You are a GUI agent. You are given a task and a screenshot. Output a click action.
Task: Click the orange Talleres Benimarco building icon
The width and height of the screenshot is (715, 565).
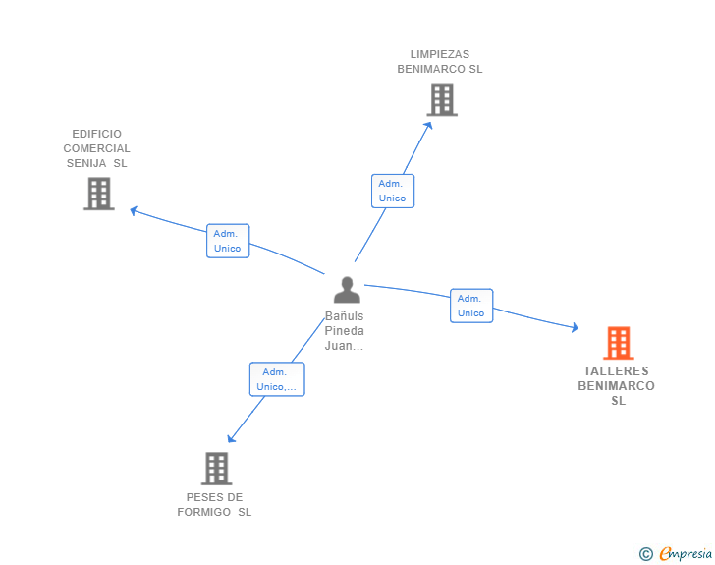click(618, 343)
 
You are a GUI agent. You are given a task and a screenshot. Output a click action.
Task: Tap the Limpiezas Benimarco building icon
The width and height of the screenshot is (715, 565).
click(442, 99)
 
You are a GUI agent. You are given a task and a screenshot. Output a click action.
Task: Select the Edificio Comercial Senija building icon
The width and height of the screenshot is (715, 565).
click(98, 194)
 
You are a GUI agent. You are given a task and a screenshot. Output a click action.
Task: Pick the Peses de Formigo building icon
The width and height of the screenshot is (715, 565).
click(216, 469)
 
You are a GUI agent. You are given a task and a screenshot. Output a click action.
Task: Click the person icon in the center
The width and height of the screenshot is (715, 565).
click(347, 290)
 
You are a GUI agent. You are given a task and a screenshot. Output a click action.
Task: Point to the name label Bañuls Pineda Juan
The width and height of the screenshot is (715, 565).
click(345, 331)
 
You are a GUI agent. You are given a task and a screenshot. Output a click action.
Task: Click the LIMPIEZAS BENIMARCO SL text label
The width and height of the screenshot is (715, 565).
click(440, 62)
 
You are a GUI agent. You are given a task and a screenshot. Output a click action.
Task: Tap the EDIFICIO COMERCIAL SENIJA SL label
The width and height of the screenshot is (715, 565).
click(97, 148)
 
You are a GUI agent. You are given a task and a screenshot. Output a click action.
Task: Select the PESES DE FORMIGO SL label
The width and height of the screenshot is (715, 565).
click(214, 504)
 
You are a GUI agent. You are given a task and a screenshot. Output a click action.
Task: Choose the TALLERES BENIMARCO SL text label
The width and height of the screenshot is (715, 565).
click(617, 385)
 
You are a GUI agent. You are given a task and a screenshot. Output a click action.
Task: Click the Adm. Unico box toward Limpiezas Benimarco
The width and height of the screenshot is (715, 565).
click(393, 191)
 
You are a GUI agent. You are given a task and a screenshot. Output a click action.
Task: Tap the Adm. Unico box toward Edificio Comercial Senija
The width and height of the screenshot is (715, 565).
click(228, 241)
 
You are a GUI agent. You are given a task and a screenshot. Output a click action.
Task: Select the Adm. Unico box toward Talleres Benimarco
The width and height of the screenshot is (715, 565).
click(471, 306)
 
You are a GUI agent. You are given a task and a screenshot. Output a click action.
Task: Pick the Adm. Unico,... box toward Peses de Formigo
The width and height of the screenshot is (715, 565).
click(277, 379)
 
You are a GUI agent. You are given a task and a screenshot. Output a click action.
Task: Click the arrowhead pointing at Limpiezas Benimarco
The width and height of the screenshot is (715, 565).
click(428, 125)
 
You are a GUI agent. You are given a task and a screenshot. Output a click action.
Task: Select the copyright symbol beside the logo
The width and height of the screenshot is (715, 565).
click(645, 555)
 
